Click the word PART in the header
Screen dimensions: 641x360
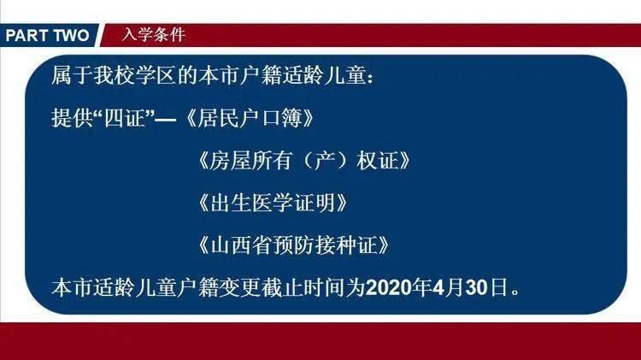pos(26,35)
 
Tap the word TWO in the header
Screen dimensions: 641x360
pos(71,35)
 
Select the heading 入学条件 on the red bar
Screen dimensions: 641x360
pos(154,35)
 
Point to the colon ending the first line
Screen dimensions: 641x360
pos(370,77)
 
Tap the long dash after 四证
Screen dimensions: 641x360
pos(166,121)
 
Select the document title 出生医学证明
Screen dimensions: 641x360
pos(273,203)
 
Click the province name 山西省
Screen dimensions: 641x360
pos(241,245)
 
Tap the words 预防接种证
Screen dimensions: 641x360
pos(325,245)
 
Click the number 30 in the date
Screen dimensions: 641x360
pos(477,287)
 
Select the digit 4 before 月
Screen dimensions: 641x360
pos(438,287)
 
